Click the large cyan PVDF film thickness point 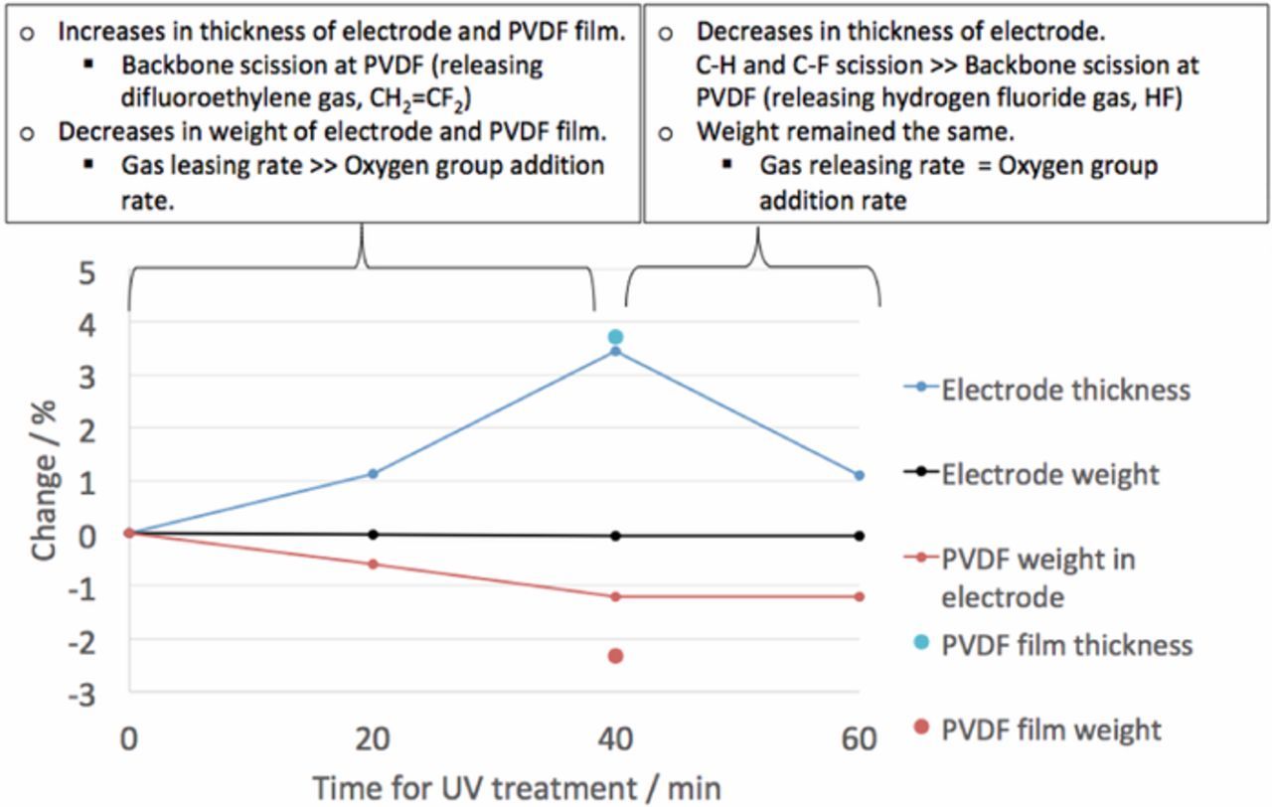(615, 337)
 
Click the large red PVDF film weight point (615, 656)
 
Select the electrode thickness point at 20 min (373, 474)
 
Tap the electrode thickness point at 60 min (859, 476)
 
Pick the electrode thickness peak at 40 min (615, 351)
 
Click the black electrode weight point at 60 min (859, 536)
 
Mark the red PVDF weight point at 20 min (373, 565)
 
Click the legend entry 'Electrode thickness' (1064, 390)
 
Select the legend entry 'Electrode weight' (1049, 474)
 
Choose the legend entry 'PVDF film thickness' (1066, 644)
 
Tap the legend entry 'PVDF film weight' (1050, 730)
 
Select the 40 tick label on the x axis (615, 739)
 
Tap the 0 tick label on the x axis (128, 739)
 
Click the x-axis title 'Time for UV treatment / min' (517, 788)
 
